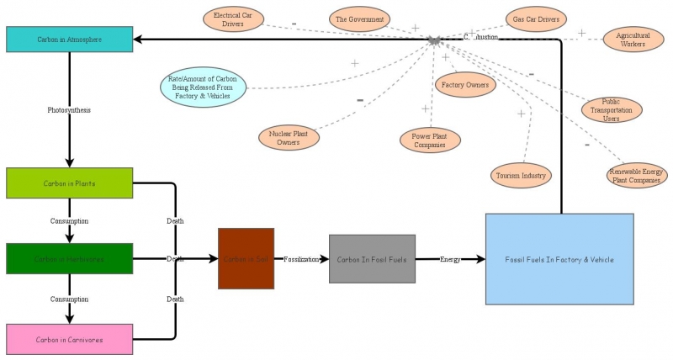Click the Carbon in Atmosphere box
[x=69, y=39]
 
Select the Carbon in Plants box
[x=69, y=183]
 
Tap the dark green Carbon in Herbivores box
[x=69, y=259]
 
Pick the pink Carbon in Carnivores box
[x=69, y=340]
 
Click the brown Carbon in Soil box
[x=246, y=259]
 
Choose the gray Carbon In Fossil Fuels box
[x=372, y=259]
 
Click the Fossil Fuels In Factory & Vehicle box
[x=559, y=259]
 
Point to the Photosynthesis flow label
[x=69, y=110]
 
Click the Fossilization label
[x=301, y=259]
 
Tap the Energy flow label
[x=450, y=259]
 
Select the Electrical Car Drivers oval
[x=233, y=19]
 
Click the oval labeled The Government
[x=359, y=19]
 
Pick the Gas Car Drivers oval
[x=536, y=19]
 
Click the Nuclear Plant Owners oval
[x=289, y=138]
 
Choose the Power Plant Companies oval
[x=429, y=140]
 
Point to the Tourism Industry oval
[x=521, y=176]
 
